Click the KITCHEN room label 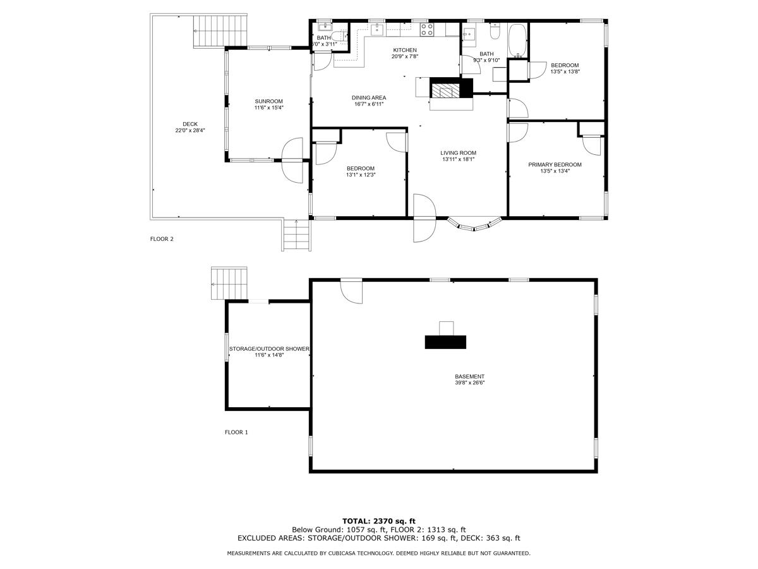(x=405, y=50)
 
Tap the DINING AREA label (x=369, y=97)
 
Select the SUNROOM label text (x=268, y=101)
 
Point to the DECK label (x=190, y=124)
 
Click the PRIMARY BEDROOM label (x=555, y=164)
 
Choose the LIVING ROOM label (x=458, y=152)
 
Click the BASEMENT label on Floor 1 (x=469, y=376)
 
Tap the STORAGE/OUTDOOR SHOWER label (x=268, y=349)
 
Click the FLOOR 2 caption (x=162, y=239)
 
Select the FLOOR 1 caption (x=236, y=432)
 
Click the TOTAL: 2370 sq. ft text (x=378, y=520)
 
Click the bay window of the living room (x=474, y=224)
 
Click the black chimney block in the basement (x=445, y=342)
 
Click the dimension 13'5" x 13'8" (x=565, y=71)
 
